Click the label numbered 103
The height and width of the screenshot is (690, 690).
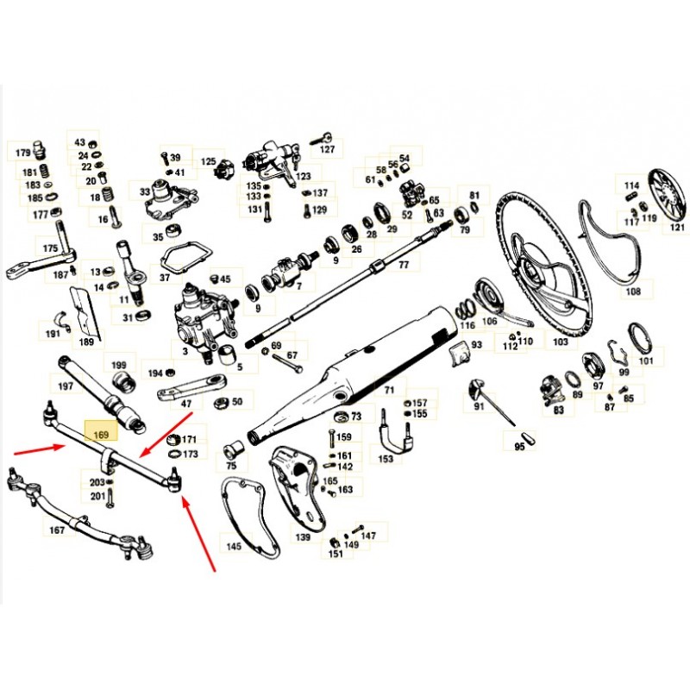[x=561, y=342]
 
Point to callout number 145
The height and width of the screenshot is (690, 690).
[x=235, y=547]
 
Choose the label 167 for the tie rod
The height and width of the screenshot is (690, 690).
[x=57, y=530]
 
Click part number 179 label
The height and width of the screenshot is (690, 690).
[x=22, y=154]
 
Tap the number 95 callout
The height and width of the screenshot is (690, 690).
[x=519, y=447]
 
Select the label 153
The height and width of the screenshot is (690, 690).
[x=386, y=459]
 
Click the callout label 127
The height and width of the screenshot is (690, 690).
[x=327, y=149]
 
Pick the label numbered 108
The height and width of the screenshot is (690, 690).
[x=634, y=292]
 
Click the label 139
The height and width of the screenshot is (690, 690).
[x=303, y=537]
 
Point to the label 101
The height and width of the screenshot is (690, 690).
[x=646, y=361]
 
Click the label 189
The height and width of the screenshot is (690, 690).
[x=86, y=342]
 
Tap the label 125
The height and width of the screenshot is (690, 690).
[x=208, y=161]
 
